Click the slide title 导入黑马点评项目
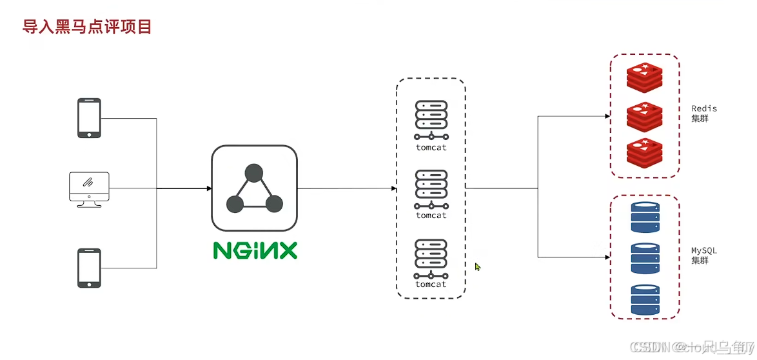[x=88, y=27]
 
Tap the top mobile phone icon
[x=89, y=118]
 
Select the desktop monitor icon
[x=89, y=188]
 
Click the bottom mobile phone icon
[x=89, y=268]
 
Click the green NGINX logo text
[x=255, y=250]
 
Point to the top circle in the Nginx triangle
[x=254, y=173]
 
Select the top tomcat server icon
[x=431, y=119]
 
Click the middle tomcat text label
[x=431, y=215]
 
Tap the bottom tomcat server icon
[x=431, y=258]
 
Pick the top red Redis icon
[x=644, y=78]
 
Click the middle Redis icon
[x=644, y=117]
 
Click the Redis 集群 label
[x=703, y=114]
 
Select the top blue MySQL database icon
[x=645, y=218]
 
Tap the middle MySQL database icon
[x=645, y=258]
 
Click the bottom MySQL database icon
[x=645, y=299]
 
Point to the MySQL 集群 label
[x=703, y=255]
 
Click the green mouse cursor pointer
[x=478, y=266]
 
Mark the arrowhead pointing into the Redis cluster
[x=607, y=117]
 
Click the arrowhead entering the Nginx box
[x=209, y=188]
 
